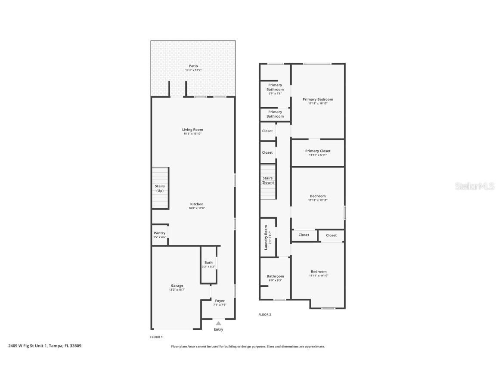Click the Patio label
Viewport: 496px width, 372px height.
(x=193, y=66)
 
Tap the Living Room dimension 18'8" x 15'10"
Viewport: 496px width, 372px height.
(x=192, y=134)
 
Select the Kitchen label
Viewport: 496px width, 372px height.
(x=197, y=204)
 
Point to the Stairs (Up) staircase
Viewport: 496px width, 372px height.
(x=160, y=188)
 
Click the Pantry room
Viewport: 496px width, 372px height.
(x=159, y=235)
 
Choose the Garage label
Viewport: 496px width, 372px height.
(x=177, y=285)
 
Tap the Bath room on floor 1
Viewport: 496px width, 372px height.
(x=208, y=264)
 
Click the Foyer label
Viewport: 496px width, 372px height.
(x=220, y=301)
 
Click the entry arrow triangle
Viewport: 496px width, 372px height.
(x=219, y=323)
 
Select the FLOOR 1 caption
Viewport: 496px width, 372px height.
(x=156, y=337)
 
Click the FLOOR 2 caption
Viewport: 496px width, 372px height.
(x=265, y=315)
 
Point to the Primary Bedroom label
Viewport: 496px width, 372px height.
(x=318, y=99)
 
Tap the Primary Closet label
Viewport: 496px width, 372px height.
(x=318, y=151)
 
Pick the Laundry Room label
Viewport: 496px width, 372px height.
(x=266, y=237)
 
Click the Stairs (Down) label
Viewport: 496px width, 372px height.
(x=267, y=180)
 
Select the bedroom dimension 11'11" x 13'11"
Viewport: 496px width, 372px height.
(x=318, y=200)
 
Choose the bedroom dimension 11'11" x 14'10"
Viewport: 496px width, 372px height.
(x=319, y=276)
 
